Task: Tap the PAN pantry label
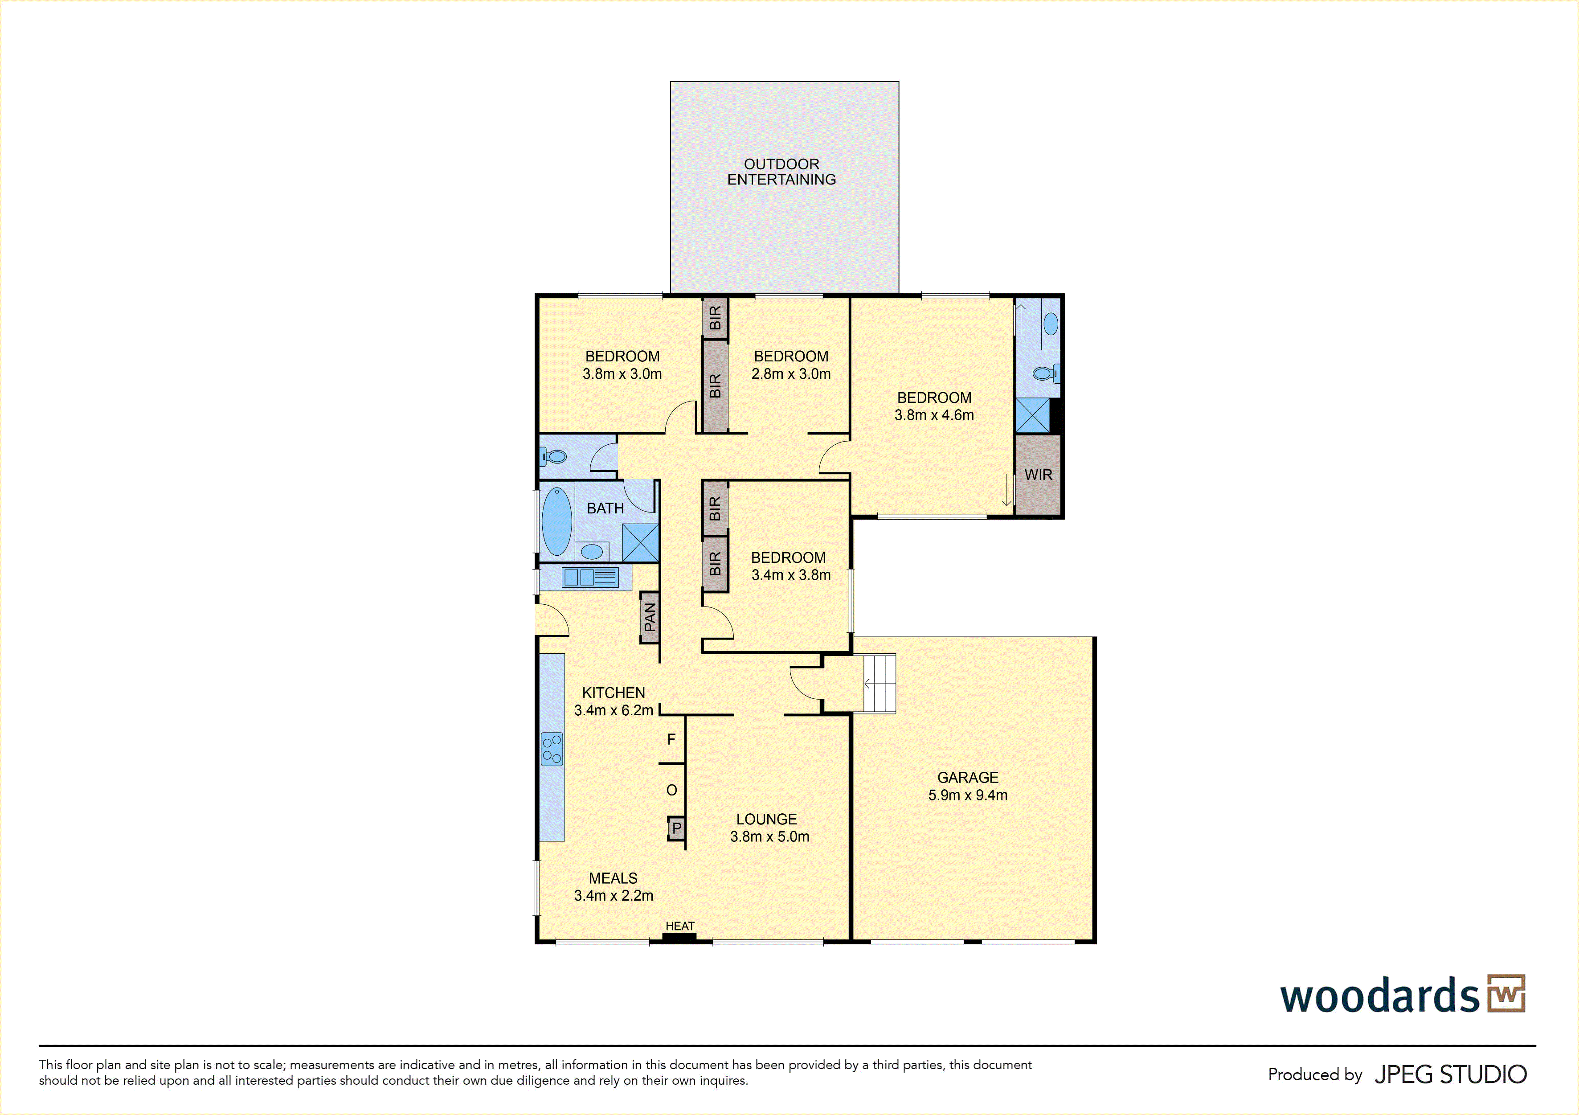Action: (650, 617)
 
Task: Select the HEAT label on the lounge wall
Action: (679, 926)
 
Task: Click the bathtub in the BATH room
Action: (557, 521)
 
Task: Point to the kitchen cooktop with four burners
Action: (552, 749)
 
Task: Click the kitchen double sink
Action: (590, 577)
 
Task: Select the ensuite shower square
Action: (1032, 415)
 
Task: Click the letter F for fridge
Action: (671, 739)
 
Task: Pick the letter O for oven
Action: (672, 790)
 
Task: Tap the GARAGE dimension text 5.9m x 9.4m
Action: (968, 795)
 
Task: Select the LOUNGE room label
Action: (767, 819)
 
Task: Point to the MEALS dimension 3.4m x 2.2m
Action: (614, 896)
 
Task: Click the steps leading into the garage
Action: (879, 684)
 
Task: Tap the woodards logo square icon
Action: (1506, 993)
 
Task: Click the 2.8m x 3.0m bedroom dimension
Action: (791, 374)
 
